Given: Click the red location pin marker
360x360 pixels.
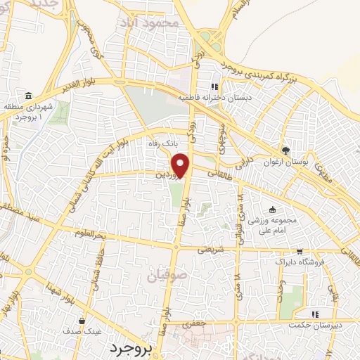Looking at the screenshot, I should [181, 165].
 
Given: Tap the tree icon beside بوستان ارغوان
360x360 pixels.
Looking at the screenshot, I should [285, 149].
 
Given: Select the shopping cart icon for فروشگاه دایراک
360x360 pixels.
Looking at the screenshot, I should [300, 252].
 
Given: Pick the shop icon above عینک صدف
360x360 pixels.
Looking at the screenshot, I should [83, 321].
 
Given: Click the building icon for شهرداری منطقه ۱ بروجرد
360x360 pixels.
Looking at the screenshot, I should [27, 96].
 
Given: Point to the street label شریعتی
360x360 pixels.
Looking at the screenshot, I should [212, 249].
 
